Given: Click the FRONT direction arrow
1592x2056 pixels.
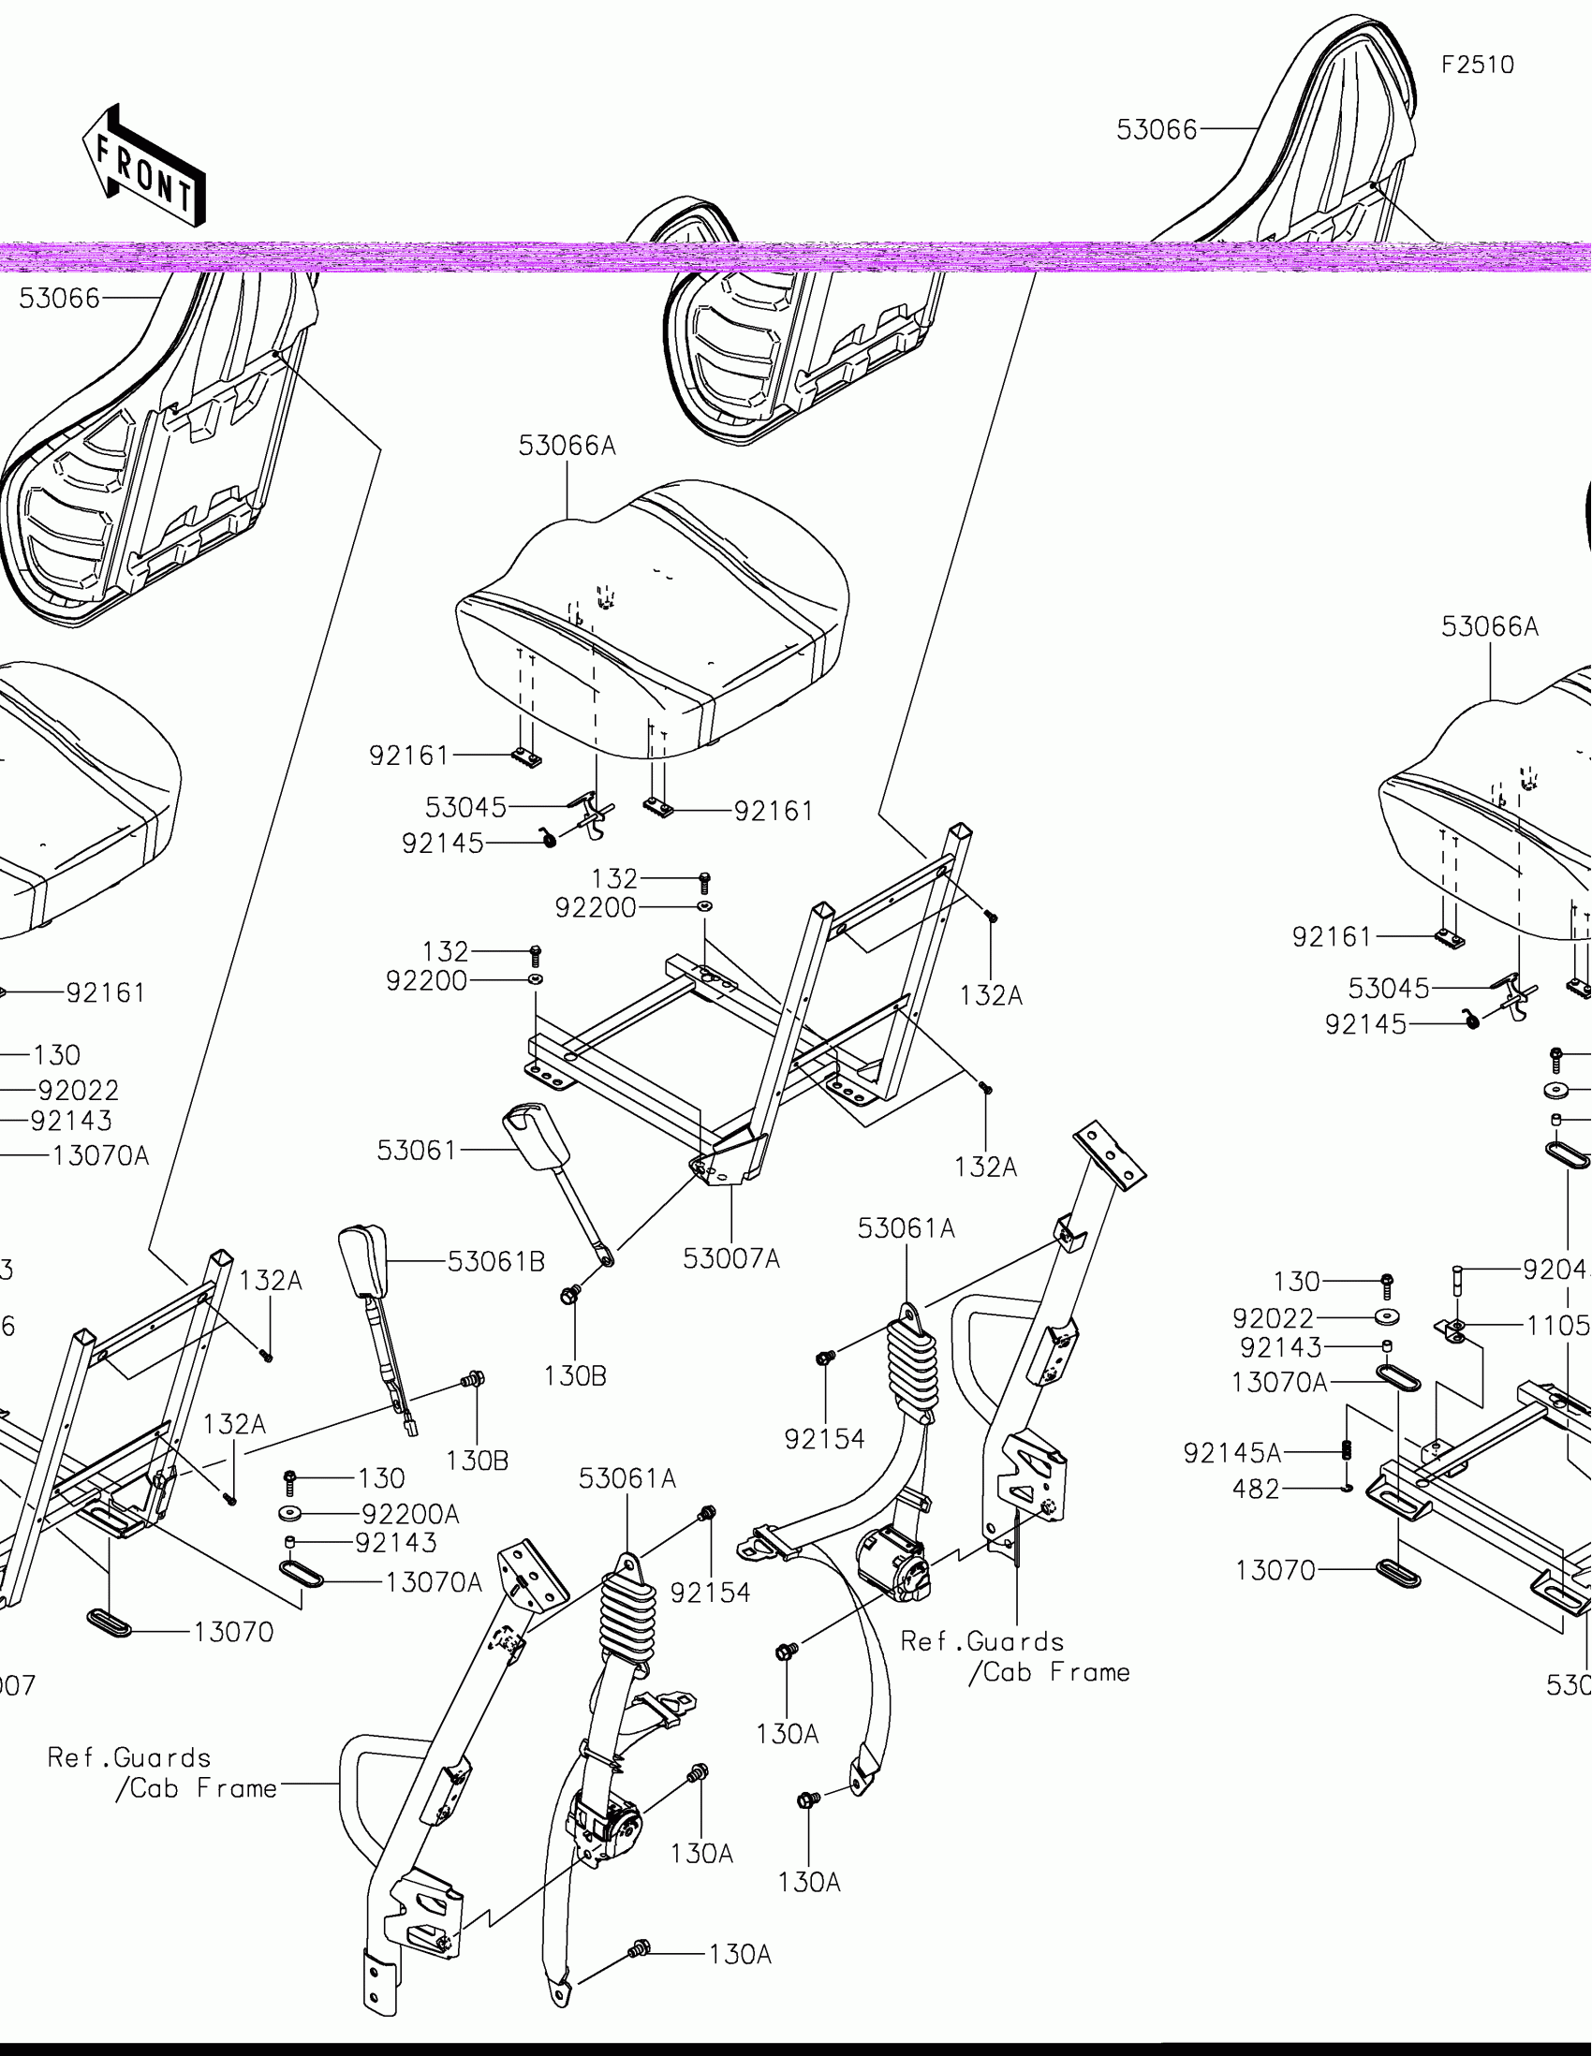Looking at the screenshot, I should (144, 167).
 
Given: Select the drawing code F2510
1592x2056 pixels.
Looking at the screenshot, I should (1477, 65).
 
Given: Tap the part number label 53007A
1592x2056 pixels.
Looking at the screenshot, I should (730, 1258).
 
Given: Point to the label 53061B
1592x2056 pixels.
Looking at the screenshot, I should (495, 1261).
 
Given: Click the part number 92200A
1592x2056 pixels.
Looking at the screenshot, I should (410, 1514).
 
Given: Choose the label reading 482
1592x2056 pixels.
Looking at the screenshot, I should (1256, 1489).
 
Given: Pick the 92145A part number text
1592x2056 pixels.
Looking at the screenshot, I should (1231, 1453).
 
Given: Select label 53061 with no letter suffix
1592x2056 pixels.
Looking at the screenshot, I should (416, 1151).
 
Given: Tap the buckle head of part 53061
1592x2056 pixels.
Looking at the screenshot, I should (538, 1138).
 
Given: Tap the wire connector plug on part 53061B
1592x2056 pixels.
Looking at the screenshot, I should (411, 1427).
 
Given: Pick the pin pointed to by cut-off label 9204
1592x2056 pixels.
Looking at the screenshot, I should (1456, 1279).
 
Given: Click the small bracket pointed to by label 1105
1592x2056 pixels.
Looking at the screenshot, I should (1455, 1329).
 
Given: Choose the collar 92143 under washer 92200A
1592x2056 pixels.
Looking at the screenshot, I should (291, 1541).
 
